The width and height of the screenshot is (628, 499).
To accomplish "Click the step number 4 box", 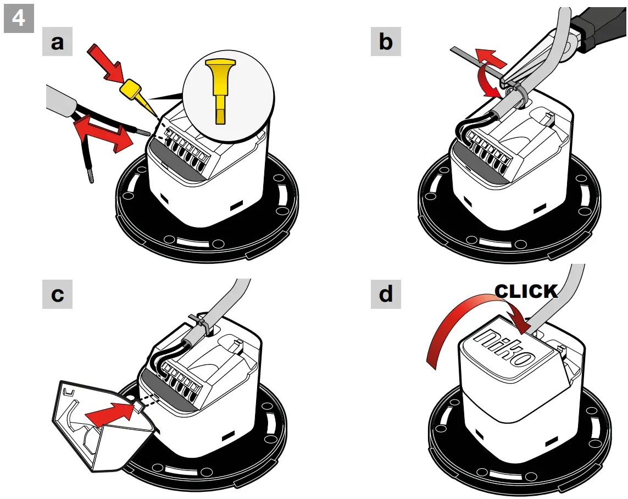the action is tap(18, 18).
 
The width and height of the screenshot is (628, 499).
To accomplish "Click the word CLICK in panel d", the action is tap(526, 291).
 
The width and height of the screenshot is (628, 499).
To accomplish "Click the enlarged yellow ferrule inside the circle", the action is tap(220, 88).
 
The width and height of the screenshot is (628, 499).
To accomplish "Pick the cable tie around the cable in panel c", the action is tap(199, 324).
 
